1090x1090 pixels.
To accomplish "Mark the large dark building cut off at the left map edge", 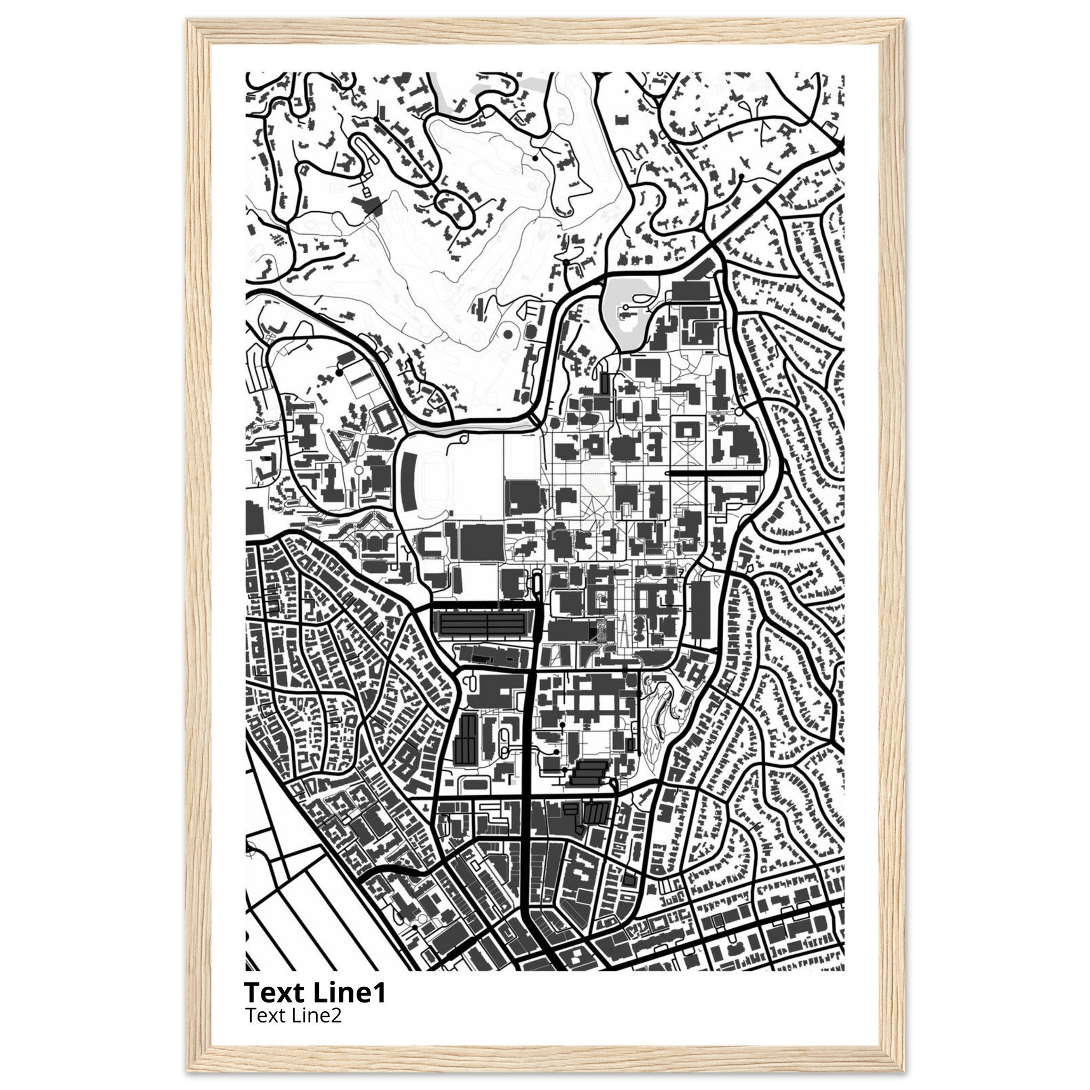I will (x=255, y=519).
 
